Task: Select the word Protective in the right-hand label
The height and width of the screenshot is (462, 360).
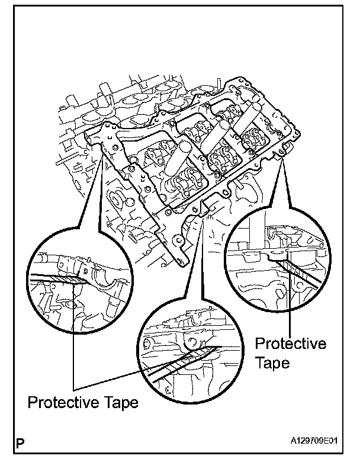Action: [x=290, y=344]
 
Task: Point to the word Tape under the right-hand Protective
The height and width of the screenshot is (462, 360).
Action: [x=272, y=362]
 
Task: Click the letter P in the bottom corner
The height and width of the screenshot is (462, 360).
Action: [x=21, y=441]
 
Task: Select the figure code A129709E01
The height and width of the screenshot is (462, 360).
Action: [x=317, y=442]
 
